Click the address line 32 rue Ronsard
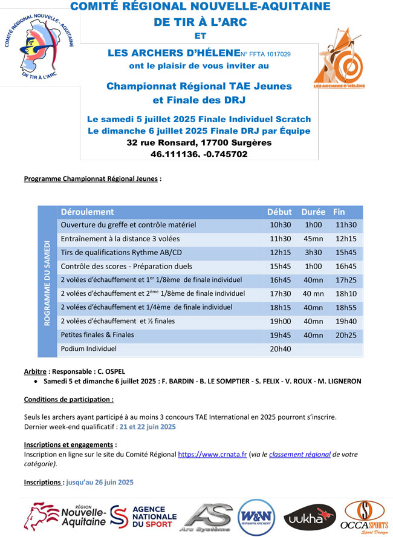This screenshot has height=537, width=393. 199,143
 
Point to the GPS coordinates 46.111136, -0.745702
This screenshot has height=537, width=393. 199,154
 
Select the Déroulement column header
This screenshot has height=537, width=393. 87,212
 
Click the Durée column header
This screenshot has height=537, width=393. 313,212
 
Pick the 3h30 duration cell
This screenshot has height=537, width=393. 313,252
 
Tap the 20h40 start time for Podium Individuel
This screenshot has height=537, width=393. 280,349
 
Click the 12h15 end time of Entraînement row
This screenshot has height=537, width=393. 346,239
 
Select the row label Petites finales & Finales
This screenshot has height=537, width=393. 97,335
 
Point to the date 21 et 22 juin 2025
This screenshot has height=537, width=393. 148,426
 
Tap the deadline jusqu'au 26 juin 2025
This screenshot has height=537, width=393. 100,483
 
